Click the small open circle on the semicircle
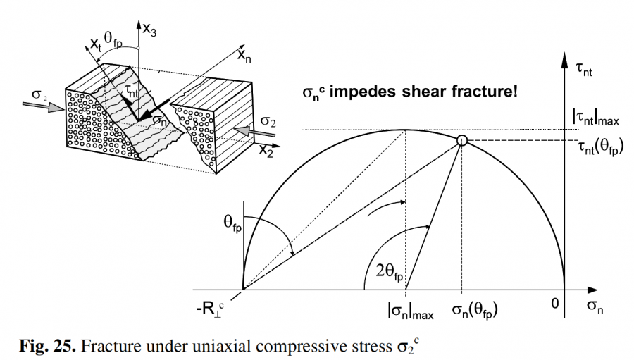click(x=461, y=141)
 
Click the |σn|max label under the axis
click(x=409, y=308)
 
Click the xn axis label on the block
click(x=244, y=54)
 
